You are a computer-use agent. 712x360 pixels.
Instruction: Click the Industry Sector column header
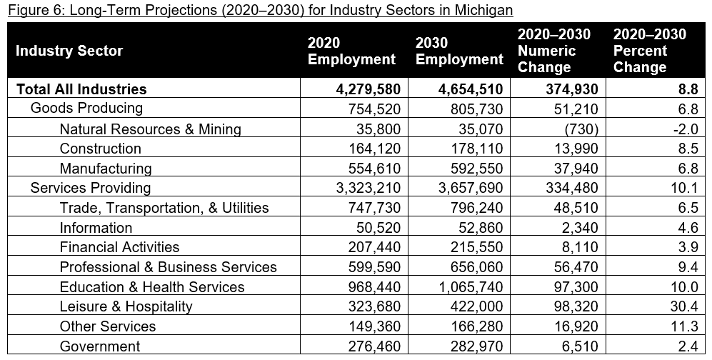(x=69, y=51)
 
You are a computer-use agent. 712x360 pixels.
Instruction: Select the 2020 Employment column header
(x=351, y=51)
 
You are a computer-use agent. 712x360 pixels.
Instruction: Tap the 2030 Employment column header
(x=459, y=51)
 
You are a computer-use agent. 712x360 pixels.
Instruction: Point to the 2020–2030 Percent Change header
(x=649, y=51)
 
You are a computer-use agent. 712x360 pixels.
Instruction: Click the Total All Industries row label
(x=81, y=89)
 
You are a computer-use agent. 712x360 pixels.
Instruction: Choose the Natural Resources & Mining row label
(x=150, y=129)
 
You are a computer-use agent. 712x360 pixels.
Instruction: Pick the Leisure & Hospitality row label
(x=126, y=306)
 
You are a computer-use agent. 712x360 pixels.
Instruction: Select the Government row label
(x=99, y=346)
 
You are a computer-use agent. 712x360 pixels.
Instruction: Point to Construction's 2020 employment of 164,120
(x=371, y=149)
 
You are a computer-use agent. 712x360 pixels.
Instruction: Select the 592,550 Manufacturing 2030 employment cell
(x=474, y=169)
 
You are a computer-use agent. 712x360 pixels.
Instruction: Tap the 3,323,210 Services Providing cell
(x=365, y=188)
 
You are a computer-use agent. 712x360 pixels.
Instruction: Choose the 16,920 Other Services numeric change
(x=579, y=326)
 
